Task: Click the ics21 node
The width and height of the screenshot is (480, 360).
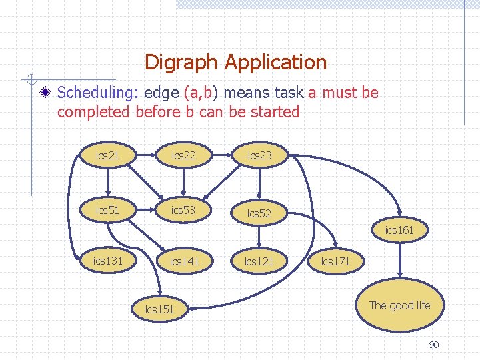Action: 107,155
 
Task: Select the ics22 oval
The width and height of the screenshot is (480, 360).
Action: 183,155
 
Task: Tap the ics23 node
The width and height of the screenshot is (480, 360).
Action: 259,155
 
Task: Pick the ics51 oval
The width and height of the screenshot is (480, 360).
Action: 107,210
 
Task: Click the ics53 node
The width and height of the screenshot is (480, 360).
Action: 183,210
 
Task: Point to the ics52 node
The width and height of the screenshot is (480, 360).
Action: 259,213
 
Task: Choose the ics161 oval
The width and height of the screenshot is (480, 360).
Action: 399,231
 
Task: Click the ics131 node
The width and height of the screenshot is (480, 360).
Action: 107,261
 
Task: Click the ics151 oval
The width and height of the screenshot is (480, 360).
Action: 159,309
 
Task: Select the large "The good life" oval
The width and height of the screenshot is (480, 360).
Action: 399,306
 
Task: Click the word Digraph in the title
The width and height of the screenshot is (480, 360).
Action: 181,63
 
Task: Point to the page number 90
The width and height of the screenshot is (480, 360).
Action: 433,345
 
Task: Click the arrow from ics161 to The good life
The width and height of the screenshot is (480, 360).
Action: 399,261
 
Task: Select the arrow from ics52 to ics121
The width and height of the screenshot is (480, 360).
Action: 259,237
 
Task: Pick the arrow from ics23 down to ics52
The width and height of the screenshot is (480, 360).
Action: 259,183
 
